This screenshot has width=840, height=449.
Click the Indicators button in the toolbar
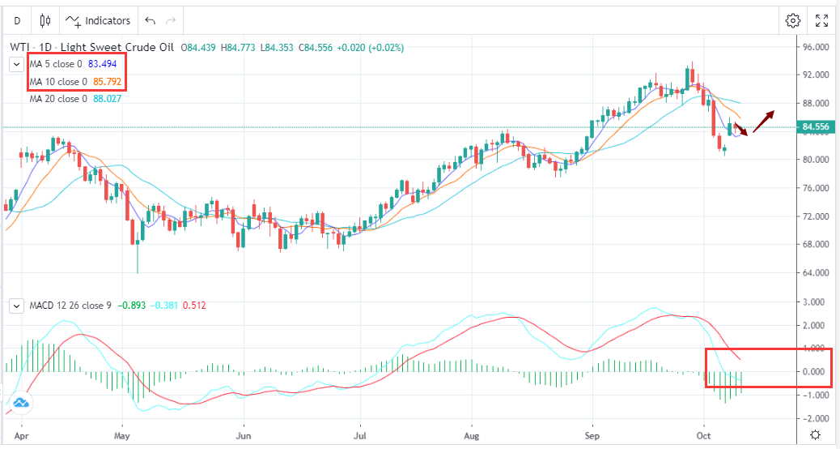(x=99, y=20)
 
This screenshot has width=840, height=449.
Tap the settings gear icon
(x=793, y=20)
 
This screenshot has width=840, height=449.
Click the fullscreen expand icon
(x=821, y=20)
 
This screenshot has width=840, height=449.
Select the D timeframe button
(x=17, y=20)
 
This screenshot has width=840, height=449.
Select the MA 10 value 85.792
(x=109, y=82)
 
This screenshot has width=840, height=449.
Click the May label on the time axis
(x=121, y=434)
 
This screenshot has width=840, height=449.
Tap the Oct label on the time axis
(x=705, y=434)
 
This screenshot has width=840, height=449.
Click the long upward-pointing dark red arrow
(x=763, y=121)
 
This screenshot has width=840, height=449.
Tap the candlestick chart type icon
(x=45, y=20)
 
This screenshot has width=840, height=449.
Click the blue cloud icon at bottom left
(x=20, y=402)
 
